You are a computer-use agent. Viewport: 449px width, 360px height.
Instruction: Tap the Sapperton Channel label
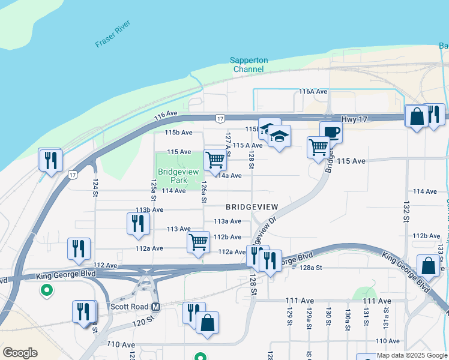coord(249,65)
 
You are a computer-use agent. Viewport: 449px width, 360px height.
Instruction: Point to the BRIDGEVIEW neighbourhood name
coord(252,207)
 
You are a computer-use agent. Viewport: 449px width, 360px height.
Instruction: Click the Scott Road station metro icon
coord(156,307)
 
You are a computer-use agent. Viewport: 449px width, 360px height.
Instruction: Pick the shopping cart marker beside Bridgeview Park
coord(215,159)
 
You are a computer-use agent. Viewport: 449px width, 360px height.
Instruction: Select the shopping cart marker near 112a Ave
coord(198,242)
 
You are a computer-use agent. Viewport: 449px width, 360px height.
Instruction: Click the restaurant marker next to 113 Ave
coord(139,223)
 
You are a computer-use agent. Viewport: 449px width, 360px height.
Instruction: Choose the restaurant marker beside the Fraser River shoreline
coord(50,159)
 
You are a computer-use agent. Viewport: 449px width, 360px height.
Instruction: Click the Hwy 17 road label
coord(354,119)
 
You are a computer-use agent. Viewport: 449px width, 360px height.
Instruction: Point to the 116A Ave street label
coord(313,92)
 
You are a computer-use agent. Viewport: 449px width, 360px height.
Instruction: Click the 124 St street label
coord(95,187)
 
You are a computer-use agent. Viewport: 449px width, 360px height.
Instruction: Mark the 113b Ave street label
coord(149,210)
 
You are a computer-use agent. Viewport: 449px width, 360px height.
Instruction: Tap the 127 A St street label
coord(228,145)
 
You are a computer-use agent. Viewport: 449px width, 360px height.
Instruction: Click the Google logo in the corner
coord(20,353)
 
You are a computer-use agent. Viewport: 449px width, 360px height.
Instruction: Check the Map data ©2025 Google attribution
coord(412,356)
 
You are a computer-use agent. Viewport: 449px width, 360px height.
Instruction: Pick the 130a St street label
coord(347,317)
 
